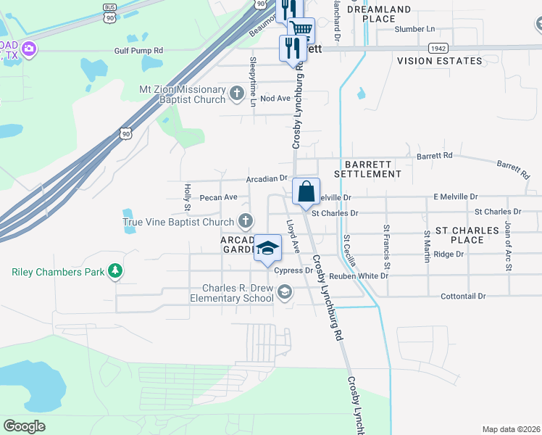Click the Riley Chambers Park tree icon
pos(114,272)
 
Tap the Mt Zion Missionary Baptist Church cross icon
pos(236,94)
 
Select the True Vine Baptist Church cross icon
pos(246,221)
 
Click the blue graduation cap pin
pos(267,248)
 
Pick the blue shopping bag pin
pos(307,192)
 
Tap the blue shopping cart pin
pos(301,30)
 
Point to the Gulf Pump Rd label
pos(138,51)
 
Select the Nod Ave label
pos(275,98)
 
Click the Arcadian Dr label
pos(267,178)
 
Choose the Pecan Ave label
pos(219,197)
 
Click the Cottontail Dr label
pos(463,297)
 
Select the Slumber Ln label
pos(415,29)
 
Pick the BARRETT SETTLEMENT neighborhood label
pos(367,169)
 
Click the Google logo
pos(24,426)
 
